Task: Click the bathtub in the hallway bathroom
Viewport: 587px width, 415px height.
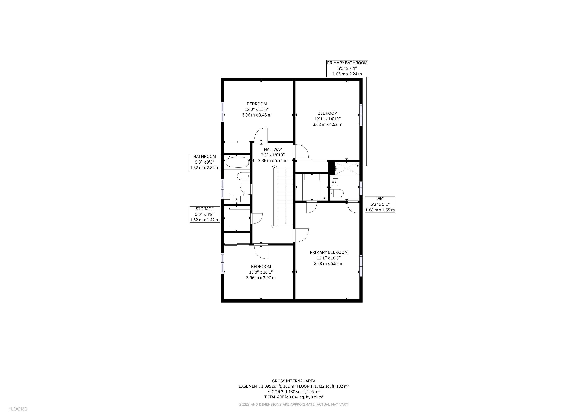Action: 237,162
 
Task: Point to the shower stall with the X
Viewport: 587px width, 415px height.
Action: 347,168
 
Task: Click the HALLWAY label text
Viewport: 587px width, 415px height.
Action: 273,150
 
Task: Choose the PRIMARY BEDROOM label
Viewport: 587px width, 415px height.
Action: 329,252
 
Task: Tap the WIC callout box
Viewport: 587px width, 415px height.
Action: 380,204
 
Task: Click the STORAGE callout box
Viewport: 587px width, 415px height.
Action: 205,214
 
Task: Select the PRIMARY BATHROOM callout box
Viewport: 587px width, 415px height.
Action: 347,68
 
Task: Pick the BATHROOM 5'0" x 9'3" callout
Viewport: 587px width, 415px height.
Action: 205,162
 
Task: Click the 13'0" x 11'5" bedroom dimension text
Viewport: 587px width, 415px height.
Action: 257,110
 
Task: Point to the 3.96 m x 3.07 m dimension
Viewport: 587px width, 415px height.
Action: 261,278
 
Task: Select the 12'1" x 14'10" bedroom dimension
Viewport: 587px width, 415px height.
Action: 328,119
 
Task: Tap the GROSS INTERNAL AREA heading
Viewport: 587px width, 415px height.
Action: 293,381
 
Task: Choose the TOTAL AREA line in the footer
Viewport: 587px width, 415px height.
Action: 293,397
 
